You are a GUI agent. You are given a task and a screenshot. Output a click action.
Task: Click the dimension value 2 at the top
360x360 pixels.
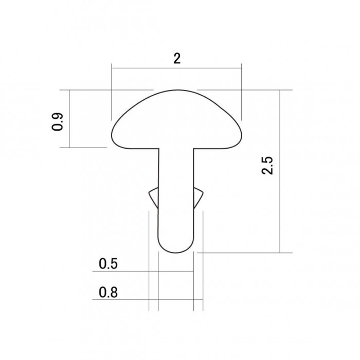[177, 59]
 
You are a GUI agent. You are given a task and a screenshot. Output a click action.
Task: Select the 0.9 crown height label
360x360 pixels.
[57, 122]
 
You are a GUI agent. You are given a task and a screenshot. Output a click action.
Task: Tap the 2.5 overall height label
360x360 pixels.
[267, 166]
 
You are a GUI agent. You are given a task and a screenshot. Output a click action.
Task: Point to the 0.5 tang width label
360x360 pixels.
[108, 263]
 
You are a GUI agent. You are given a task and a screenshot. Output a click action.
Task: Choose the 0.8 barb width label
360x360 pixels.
[108, 292]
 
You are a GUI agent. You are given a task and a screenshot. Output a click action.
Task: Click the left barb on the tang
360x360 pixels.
[154, 197]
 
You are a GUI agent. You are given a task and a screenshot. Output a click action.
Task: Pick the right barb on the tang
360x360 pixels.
[199, 197]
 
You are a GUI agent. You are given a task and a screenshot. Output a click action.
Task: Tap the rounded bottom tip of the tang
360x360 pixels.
[176, 253]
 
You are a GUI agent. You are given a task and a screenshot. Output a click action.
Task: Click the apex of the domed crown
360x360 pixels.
[177, 90]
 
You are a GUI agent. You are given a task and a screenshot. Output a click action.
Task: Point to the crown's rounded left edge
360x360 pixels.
[112, 135]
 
